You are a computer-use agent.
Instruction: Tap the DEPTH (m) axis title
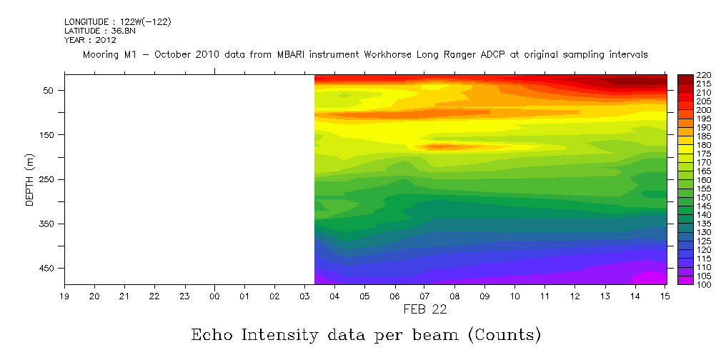pyautogui.click(x=30, y=179)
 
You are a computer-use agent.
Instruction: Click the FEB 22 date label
pyautogui.click(x=425, y=310)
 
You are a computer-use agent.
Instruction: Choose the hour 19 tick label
pyautogui.click(x=64, y=296)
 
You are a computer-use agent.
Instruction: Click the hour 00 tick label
pyautogui.click(x=214, y=296)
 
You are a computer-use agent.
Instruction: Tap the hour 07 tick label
pyautogui.click(x=425, y=296)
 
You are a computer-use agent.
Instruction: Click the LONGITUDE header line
pyautogui.click(x=117, y=22)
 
